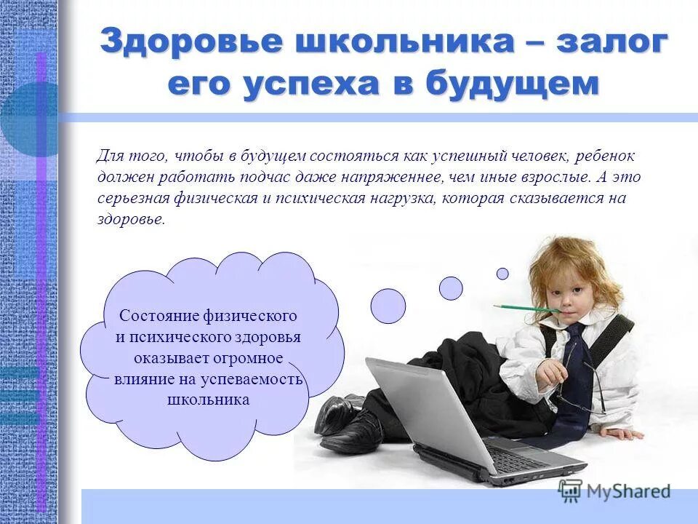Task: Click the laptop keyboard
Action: pyautogui.click(x=521, y=458)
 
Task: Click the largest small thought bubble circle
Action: pyautogui.click(x=388, y=306)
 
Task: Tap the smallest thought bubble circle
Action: pyautogui.click(x=502, y=274)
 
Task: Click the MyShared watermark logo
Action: pyautogui.click(x=615, y=491)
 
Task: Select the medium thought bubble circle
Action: pyautogui.click(x=451, y=288)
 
